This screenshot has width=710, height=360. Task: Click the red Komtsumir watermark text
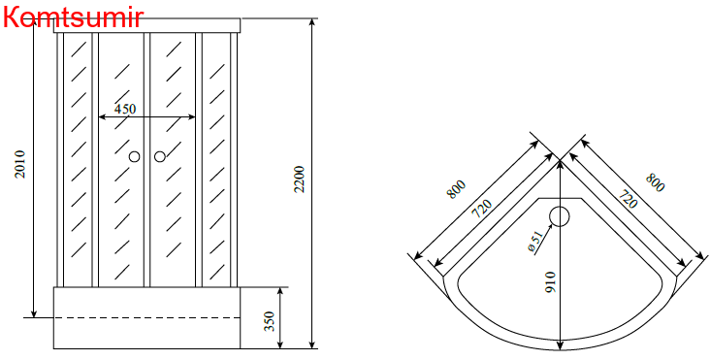click(x=74, y=16)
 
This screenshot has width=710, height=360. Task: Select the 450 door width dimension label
click(x=124, y=109)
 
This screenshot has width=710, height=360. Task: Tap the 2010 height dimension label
click(x=20, y=164)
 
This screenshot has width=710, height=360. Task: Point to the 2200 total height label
click(x=300, y=180)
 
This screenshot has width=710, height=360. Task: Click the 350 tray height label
click(x=270, y=321)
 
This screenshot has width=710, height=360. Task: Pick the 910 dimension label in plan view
click(x=550, y=281)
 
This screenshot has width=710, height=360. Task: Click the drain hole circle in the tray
click(x=560, y=216)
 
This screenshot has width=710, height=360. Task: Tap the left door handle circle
click(x=134, y=156)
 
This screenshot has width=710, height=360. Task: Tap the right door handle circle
click(x=160, y=156)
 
